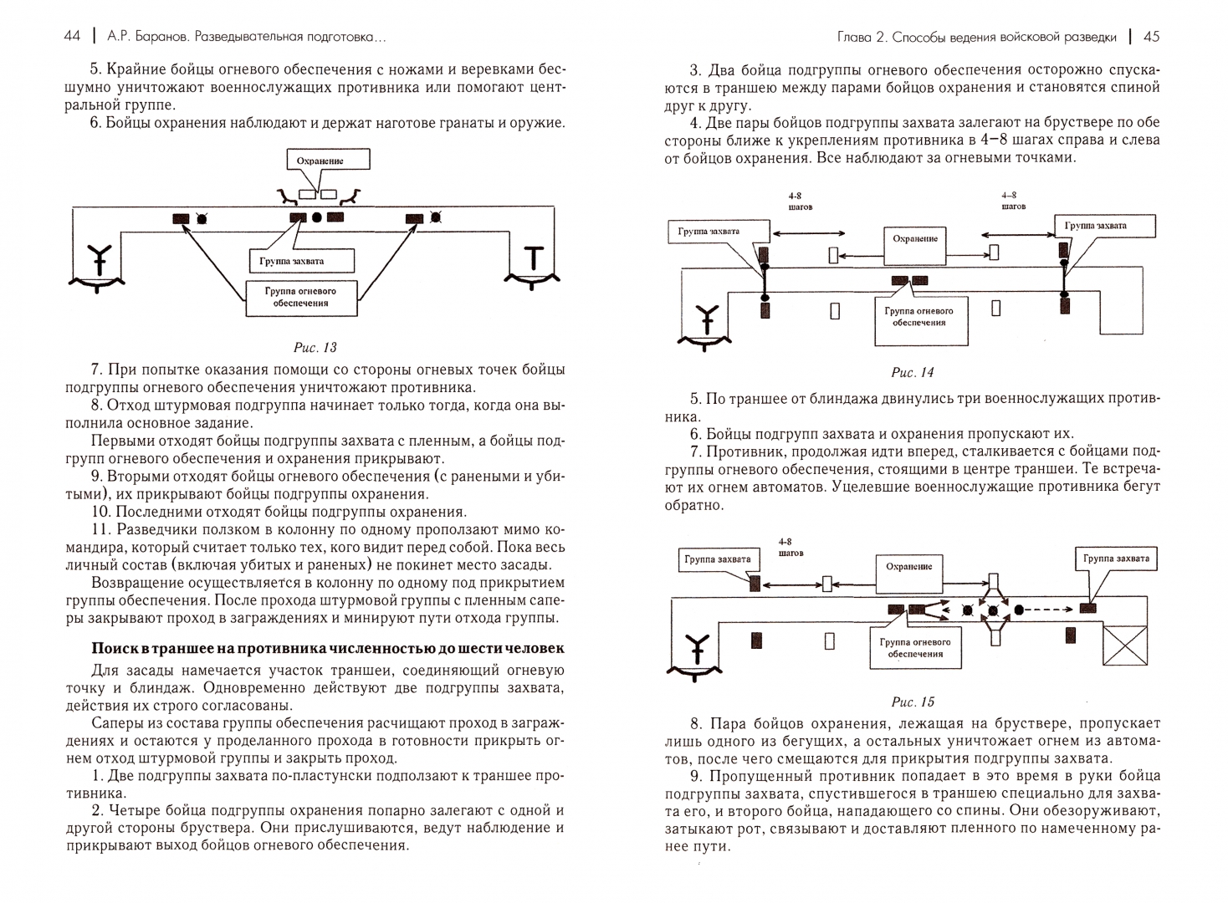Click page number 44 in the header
(x=72, y=36)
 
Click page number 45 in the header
(x=1151, y=36)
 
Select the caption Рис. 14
(x=912, y=372)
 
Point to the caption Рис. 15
(x=913, y=701)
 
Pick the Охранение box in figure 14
(x=915, y=239)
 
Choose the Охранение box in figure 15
(x=908, y=567)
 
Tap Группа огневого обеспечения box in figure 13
(x=302, y=298)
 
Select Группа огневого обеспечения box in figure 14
(x=918, y=316)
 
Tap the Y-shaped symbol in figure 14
(x=709, y=319)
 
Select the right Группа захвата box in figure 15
(x=1115, y=559)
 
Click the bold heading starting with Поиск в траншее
(x=328, y=648)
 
